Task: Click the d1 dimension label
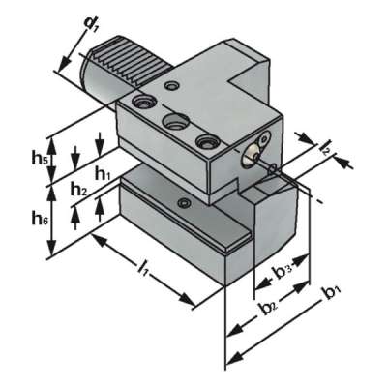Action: click(x=93, y=20)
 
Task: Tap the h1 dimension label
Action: click(x=104, y=174)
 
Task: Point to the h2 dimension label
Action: click(x=78, y=190)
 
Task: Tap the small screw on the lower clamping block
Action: click(x=183, y=202)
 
